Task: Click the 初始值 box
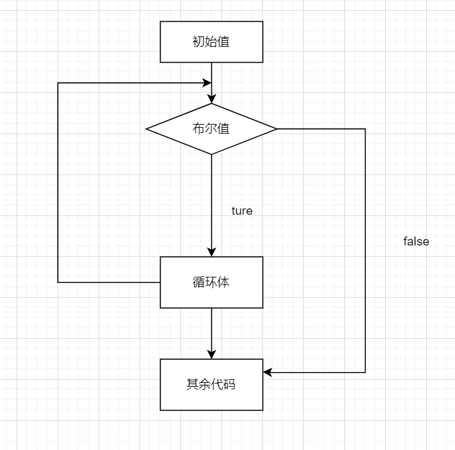click(211, 42)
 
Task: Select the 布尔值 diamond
click(211, 128)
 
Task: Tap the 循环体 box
click(211, 282)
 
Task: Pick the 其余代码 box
click(211, 384)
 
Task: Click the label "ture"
click(242, 210)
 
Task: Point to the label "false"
click(416, 241)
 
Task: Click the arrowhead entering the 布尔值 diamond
click(211, 99)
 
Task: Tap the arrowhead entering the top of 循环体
click(211, 252)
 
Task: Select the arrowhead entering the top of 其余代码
click(211, 355)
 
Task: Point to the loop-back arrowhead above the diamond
click(207, 83)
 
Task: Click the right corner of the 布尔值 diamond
click(276, 128)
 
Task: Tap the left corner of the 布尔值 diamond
click(147, 128)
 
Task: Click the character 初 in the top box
click(198, 42)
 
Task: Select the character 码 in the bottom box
click(229, 384)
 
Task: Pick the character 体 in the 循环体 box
click(223, 282)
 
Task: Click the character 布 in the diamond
click(198, 128)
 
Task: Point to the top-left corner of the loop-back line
click(58, 83)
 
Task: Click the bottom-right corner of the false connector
click(365, 371)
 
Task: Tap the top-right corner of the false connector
click(365, 129)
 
